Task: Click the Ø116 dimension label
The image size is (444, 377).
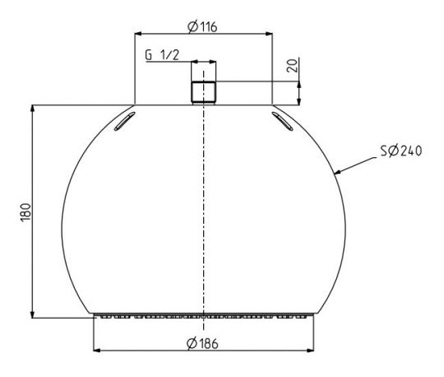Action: coord(202,26)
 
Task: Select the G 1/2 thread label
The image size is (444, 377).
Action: coord(162,55)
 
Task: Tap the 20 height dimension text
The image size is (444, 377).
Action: coord(293,66)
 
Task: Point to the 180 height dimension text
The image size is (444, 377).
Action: coord(25,212)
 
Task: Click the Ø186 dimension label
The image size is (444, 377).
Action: coord(202,343)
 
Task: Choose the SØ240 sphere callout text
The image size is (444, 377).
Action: coord(401,151)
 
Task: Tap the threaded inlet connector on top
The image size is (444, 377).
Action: coord(203,93)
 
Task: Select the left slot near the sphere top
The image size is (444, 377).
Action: coord(125,121)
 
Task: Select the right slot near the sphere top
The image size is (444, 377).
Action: coord(282,121)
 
